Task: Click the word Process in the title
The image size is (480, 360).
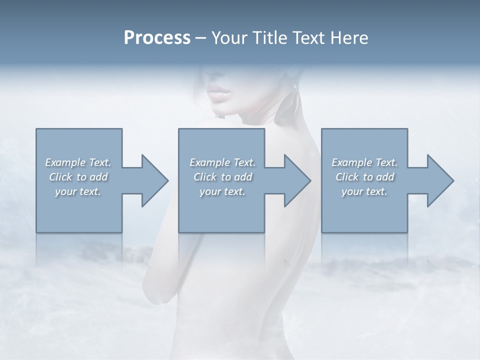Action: pos(157,38)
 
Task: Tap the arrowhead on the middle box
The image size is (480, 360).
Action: pos(296,180)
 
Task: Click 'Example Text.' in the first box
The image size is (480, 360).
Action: pos(78,162)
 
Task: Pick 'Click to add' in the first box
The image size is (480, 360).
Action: pos(78,177)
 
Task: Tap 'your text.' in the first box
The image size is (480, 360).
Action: pos(78,191)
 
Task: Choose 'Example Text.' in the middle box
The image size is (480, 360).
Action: pos(222,162)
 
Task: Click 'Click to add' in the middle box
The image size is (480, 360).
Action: pos(222,177)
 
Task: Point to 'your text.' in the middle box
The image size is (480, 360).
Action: pos(222,191)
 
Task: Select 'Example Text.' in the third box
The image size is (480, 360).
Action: pos(364,162)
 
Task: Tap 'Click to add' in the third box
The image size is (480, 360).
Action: pos(364,177)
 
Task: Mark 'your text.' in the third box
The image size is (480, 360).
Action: pos(364,191)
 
